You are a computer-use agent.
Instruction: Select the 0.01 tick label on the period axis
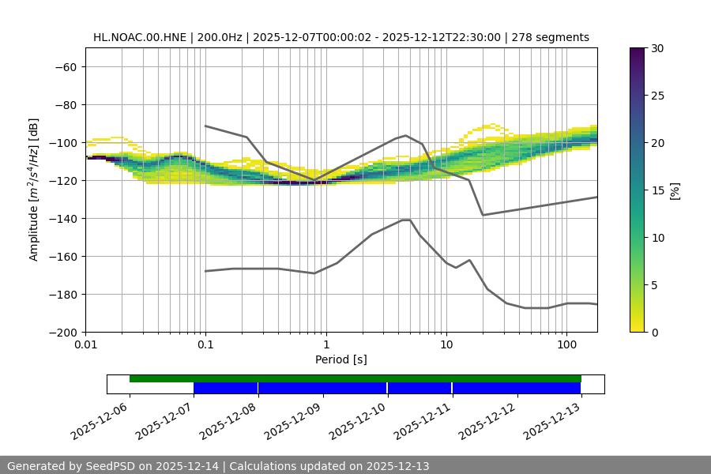tap(85, 345)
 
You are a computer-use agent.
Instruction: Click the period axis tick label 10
tap(446, 345)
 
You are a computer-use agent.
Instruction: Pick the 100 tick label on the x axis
tap(566, 345)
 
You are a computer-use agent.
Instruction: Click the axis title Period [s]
tap(341, 359)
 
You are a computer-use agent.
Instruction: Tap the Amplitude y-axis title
tap(33, 190)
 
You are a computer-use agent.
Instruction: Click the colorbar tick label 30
tap(657, 48)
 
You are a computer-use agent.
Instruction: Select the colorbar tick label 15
tap(657, 190)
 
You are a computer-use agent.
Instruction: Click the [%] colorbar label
tap(675, 190)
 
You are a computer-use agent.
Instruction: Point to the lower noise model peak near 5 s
tap(407, 220)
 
